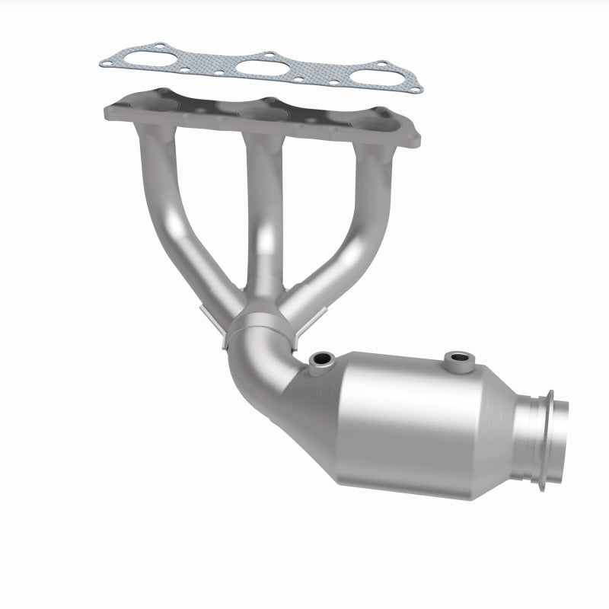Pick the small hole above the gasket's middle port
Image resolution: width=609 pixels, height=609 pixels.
269,55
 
